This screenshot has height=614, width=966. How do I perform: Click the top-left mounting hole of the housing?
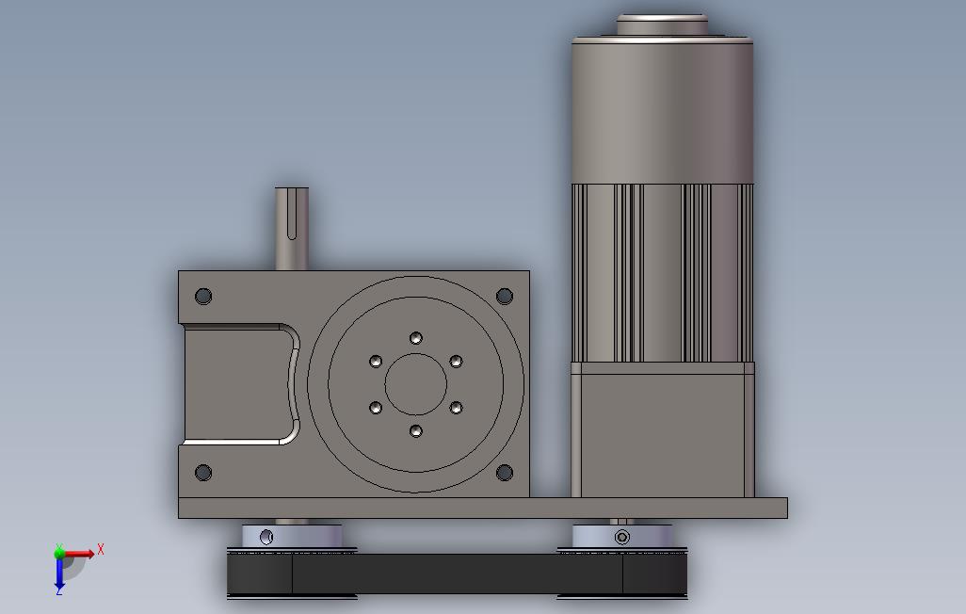click(203, 297)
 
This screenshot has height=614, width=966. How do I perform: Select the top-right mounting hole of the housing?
click(504, 297)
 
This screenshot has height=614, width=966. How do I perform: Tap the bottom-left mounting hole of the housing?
click(203, 473)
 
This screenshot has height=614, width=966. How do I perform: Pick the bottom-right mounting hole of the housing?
click(504, 473)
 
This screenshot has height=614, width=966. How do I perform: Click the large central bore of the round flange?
click(415, 384)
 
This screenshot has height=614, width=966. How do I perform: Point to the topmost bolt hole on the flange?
click(415, 338)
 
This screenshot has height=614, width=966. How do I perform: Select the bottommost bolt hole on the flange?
click(415, 430)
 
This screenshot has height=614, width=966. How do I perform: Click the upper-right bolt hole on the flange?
click(456, 362)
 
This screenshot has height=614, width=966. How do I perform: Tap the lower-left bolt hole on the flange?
click(376, 408)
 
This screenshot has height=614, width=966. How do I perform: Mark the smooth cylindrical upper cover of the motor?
click(663, 108)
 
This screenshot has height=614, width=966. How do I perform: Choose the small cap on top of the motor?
click(662, 24)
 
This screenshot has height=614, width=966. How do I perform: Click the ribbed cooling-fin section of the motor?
click(663, 273)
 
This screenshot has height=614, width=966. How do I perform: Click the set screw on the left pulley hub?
click(266, 537)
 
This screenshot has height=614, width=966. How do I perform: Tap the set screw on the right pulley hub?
click(621, 538)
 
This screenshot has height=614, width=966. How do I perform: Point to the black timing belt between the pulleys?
click(457, 573)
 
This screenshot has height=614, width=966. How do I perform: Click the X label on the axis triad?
click(101, 549)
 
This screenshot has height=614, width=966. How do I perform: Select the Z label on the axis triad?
click(58, 590)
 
